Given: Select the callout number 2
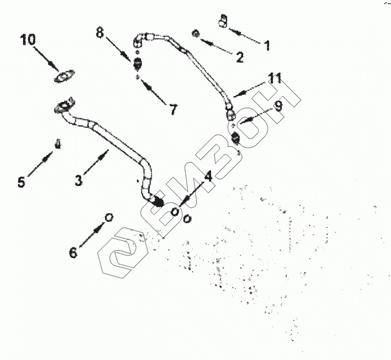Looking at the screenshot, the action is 239,57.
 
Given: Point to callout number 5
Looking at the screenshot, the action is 21,181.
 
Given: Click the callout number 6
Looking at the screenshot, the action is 73,252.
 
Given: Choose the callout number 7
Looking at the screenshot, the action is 173,109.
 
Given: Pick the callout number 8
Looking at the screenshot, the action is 100,34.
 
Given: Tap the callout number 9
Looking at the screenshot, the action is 278,107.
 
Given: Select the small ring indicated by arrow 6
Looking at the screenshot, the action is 109,216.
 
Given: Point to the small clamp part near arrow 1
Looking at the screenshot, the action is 223,21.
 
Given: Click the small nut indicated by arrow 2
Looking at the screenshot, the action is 195,33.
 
